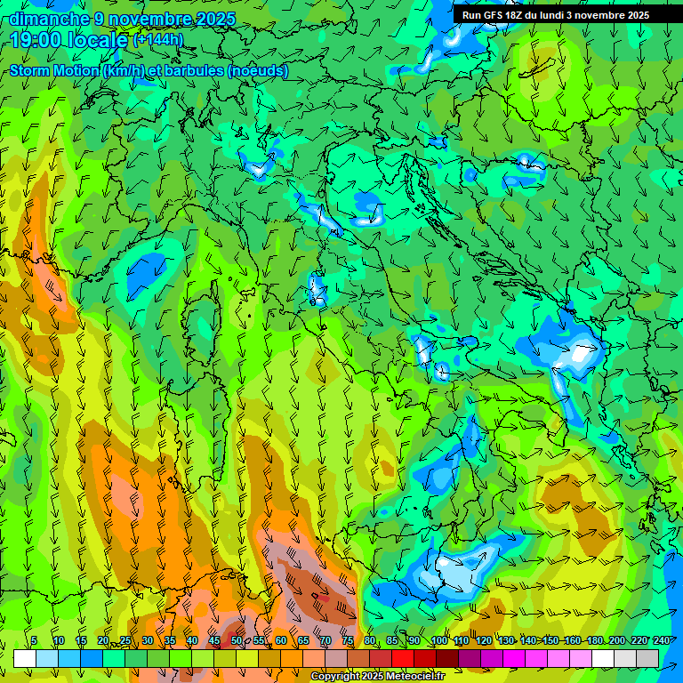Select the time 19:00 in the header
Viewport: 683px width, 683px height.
point(36,39)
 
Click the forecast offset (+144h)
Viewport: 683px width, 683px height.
point(158,39)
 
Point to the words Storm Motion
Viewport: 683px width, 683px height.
point(54,71)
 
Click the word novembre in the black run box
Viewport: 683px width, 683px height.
point(600,15)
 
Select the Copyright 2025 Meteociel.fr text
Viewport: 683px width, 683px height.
point(377,677)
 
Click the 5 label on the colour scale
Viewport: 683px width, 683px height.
point(35,641)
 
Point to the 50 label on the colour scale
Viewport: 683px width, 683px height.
point(237,641)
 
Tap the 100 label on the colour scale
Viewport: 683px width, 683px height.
point(438,641)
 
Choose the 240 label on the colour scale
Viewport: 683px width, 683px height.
point(662,641)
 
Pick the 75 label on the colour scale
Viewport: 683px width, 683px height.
point(348,641)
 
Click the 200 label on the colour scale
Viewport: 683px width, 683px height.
point(617,641)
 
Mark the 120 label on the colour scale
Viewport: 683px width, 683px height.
point(483,641)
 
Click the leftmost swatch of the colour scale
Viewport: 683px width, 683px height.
point(24,658)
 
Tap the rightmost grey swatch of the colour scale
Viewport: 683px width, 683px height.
point(647,658)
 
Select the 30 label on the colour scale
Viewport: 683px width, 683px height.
point(147,641)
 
